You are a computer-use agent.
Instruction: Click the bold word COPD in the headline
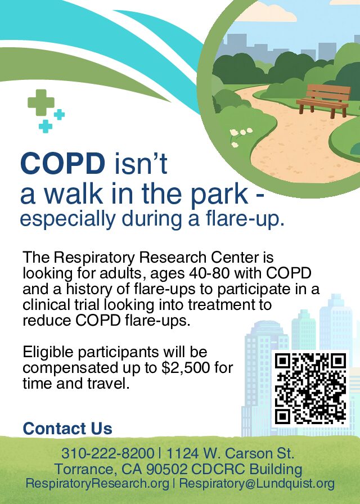[x=62, y=163]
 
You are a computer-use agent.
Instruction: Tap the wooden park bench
[x=323, y=100]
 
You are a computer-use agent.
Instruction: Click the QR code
[x=310, y=389]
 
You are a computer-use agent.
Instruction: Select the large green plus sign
[x=41, y=102]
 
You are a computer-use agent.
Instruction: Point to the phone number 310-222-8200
[x=107, y=453]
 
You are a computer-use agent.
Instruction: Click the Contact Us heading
[x=67, y=429]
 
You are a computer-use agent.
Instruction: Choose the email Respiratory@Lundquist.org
[x=257, y=483]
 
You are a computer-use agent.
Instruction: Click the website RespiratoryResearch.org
[x=97, y=483]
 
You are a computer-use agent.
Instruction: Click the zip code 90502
[x=166, y=469]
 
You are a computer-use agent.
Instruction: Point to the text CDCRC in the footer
[x=218, y=469]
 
